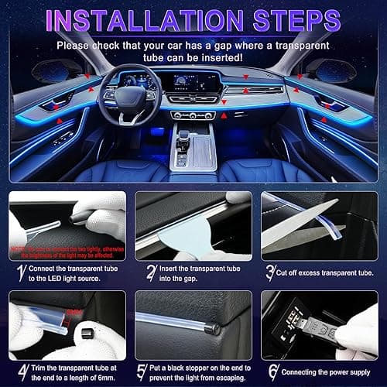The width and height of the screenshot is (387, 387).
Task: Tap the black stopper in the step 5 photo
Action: click(x=211, y=328)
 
